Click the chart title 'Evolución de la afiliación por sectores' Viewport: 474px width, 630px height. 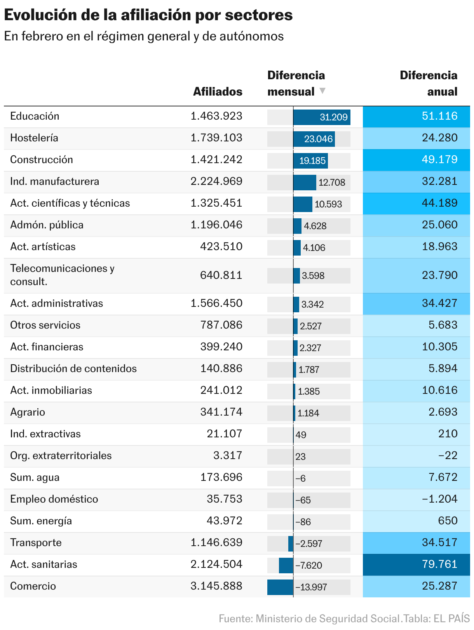pyautogui.click(x=148, y=15)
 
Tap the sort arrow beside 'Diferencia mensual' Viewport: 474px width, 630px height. pyautogui.click(x=322, y=91)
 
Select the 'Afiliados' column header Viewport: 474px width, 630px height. pyautogui.click(x=218, y=92)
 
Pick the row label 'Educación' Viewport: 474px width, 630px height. pyautogui.click(x=35, y=116)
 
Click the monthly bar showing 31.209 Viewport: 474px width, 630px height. pyautogui.click(x=322, y=117)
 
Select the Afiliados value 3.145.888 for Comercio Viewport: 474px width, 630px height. pyautogui.click(x=216, y=586)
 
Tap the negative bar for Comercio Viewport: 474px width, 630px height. pyautogui.click(x=280, y=587)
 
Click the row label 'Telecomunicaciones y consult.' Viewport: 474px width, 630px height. pyautogui.click(x=62, y=275)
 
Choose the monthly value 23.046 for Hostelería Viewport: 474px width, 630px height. pyautogui.click(x=318, y=139)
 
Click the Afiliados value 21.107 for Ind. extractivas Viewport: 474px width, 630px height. pyautogui.click(x=224, y=434)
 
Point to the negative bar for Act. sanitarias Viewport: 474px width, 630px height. pyautogui.click(x=286, y=565)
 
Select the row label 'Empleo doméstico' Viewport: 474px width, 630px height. pyautogui.click(x=54, y=499)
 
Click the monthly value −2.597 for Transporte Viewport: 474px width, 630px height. pyautogui.click(x=309, y=544)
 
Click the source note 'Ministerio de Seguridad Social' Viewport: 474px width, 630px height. pyautogui.click(x=328, y=619)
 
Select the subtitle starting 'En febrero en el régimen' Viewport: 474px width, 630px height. pyautogui.click(x=144, y=36)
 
